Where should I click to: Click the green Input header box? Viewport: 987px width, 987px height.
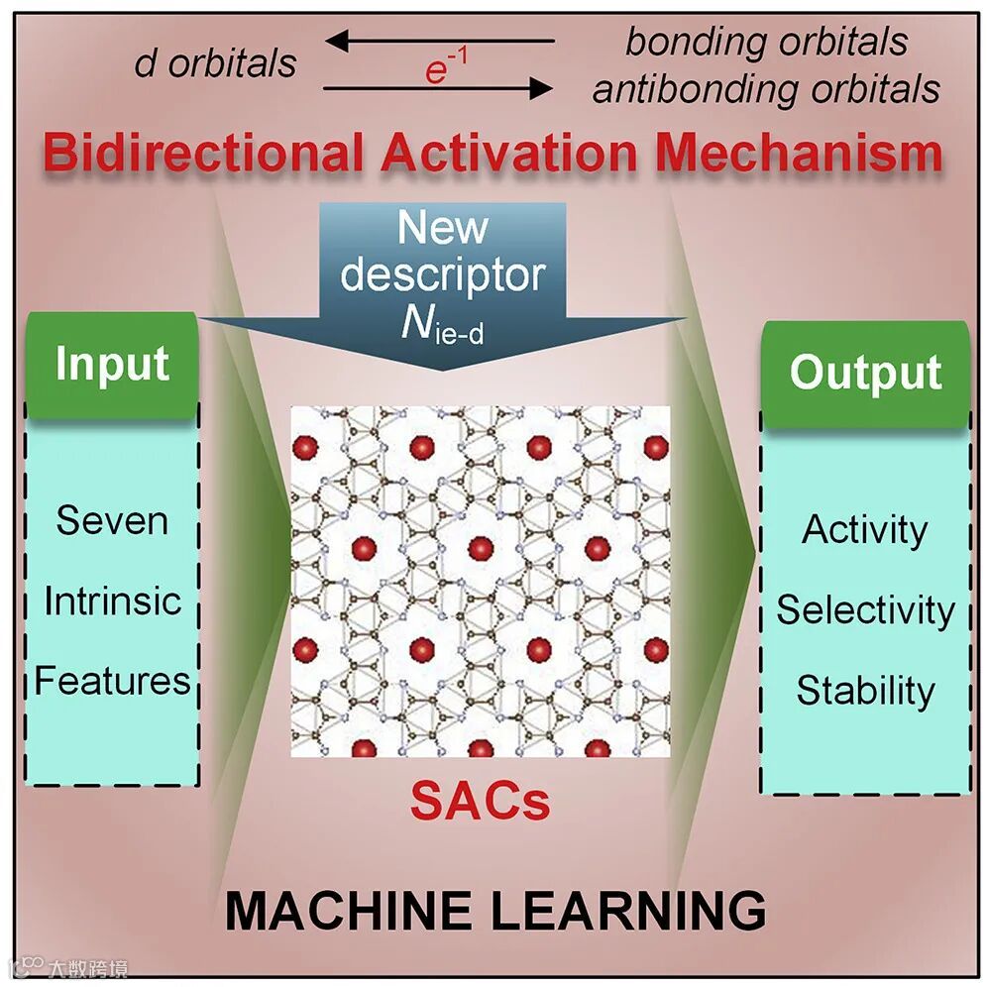[112, 364]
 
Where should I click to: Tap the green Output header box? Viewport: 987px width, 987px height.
[864, 373]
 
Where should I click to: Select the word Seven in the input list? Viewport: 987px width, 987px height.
[112, 520]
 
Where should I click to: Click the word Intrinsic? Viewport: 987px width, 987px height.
[112, 601]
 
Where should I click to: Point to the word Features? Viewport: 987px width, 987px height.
[112, 681]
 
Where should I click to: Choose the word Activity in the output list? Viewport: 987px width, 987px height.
[864, 530]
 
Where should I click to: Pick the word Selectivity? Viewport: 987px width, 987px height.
[864, 609]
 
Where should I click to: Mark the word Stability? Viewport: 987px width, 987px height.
[864, 690]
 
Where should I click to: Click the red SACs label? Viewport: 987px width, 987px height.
[480, 801]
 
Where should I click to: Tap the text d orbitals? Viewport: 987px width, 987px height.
[215, 63]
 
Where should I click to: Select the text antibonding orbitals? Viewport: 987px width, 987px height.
[765, 89]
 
